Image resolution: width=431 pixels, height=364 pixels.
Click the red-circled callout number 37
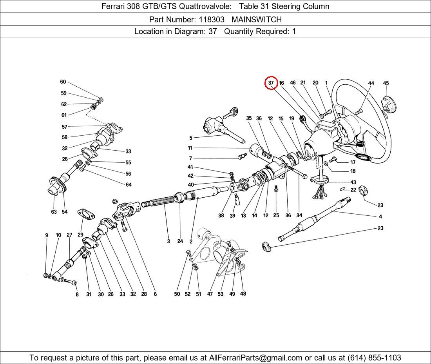[271, 83]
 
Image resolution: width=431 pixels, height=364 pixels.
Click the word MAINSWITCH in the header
[256, 19]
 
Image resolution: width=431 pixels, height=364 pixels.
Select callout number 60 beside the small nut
[63, 82]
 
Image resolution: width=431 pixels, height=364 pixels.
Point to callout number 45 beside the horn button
[386, 83]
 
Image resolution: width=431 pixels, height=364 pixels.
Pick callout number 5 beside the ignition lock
[191, 138]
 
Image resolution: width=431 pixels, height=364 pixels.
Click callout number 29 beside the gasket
[80, 234]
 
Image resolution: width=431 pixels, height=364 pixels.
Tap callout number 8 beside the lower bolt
[77, 294]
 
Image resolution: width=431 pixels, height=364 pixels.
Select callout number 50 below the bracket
[177, 294]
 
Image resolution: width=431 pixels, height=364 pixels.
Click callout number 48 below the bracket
[243, 293]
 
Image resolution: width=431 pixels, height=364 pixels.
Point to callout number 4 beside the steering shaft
[380, 217]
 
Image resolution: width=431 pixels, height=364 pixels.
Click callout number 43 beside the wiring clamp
[353, 182]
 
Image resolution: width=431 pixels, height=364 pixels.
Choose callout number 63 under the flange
[54, 212]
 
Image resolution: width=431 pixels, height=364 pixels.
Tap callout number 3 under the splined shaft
[168, 241]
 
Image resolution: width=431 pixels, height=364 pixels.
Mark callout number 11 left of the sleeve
[190, 148]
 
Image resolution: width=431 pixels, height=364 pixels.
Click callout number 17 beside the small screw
[353, 162]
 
